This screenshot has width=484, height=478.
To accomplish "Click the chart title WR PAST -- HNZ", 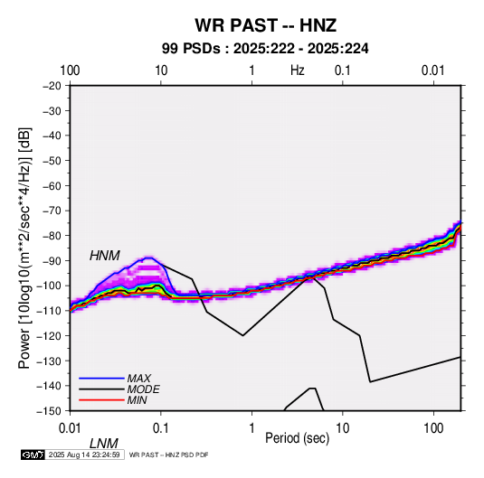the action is click(x=265, y=25).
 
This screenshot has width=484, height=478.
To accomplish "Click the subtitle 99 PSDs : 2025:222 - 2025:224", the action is click(x=265, y=49).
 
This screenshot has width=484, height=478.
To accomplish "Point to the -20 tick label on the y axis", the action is click(x=52, y=86).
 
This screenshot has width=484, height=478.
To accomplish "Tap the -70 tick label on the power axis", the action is click(x=52, y=211).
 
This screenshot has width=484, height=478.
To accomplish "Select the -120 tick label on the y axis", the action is click(x=49, y=335).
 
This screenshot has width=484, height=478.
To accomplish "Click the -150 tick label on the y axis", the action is click(x=49, y=411).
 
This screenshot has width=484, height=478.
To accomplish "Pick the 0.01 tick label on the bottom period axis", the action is click(x=70, y=428).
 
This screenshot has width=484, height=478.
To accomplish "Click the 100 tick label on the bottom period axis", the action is click(x=433, y=428).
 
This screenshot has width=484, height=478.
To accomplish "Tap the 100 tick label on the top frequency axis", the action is click(x=70, y=70).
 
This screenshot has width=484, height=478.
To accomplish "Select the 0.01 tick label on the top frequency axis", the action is click(x=433, y=70).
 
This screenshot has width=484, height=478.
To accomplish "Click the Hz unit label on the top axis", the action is click(x=298, y=70).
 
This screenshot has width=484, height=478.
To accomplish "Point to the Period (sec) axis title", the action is click(x=298, y=438).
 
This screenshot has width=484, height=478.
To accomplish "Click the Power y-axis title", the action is click(x=24, y=248).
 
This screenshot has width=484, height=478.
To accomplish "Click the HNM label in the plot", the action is click(x=105, y=256).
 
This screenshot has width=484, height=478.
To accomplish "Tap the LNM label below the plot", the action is click(x=104, y=444).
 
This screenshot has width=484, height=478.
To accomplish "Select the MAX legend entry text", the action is click(x=139, y=379).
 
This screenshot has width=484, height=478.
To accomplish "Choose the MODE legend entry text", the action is click(x=144, y=389).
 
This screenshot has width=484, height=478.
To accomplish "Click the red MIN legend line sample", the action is click(x=101, y=400).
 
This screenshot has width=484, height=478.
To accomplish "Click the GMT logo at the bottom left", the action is click(x=33, y=455).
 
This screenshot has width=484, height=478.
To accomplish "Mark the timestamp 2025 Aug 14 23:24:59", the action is click(x=84, y=455).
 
